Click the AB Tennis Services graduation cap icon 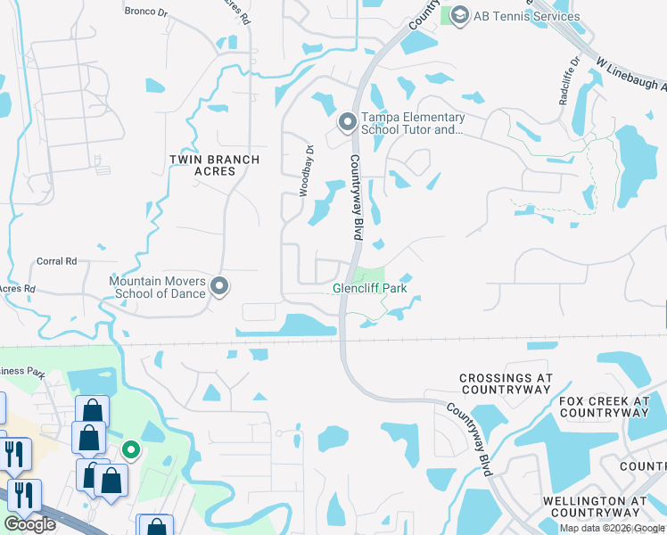459,15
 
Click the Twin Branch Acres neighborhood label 215,166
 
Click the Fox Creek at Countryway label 604,407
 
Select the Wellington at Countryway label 595,507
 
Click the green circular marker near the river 131,450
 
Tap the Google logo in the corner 29,524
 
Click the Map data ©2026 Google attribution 612,528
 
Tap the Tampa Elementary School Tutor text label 412,124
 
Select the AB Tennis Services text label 527,16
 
